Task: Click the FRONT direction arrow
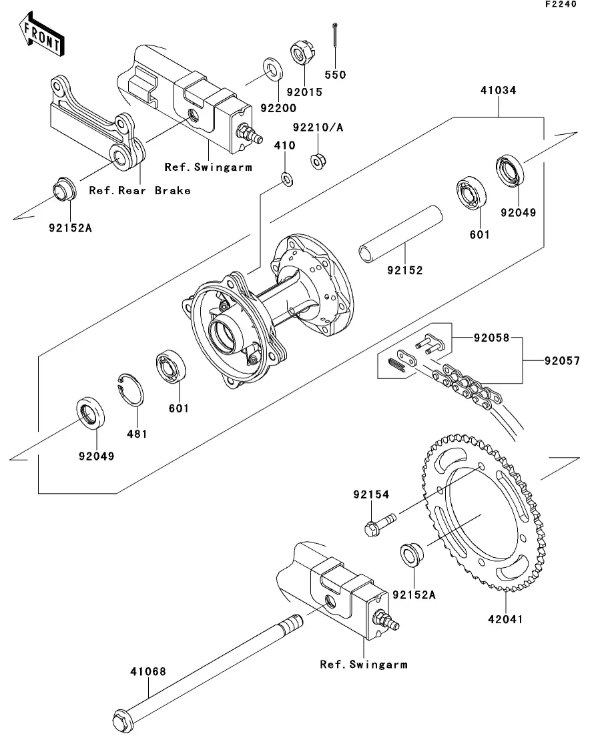click(x=42, y=35)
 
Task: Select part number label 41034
click(x=499, y=90)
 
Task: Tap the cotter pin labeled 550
click(x=335, y=35)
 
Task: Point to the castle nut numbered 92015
click(x=302, y=53)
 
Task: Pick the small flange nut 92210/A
click(x=318, y=161)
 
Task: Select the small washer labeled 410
click(x=287, y=179)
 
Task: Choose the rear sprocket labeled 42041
click(x=485, y=512)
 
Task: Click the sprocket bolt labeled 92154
click(x=380, y=524)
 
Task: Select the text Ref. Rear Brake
click(x=140, y=191)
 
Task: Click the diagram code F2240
click(x=561, y=4)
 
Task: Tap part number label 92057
click(x=562, y=361)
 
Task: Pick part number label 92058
click(x=491, y=338)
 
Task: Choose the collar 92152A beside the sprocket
click(x=412, y=554)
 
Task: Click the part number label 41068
click(x=148, y=672)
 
